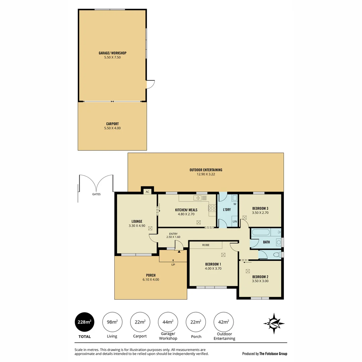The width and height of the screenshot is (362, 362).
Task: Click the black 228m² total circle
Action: coord(84,322)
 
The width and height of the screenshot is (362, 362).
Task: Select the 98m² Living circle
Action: coord(112,322)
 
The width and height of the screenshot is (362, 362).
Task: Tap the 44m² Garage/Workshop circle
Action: coord(168,322)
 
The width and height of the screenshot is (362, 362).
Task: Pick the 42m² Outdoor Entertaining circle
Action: coord(224,322)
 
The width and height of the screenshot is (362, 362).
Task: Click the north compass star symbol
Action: coord(274,323)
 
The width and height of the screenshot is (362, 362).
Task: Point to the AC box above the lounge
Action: coord(147,192)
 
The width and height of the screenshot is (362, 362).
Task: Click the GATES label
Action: coord(96,194)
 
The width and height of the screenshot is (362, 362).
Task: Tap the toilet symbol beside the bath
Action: coord(277,255)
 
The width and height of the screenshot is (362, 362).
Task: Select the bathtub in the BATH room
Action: coord(262,232)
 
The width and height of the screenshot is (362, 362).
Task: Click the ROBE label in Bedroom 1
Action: coord(206,245)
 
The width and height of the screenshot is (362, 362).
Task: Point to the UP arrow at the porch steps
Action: coord(173,261)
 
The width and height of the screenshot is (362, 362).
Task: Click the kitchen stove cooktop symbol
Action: coord(212,208)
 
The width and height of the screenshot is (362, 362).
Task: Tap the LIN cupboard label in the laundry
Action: coord(235,222)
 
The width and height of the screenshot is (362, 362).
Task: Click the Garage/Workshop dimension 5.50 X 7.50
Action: coord(112,57)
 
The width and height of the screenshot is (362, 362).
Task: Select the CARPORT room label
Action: coord(112,124)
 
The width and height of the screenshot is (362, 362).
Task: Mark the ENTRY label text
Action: coord(173,234)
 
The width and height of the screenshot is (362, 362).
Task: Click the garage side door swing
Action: coord(150,84)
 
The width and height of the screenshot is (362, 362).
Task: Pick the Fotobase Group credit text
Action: coord(264,354)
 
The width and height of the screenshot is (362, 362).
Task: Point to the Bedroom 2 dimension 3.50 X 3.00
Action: coord(260,281)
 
